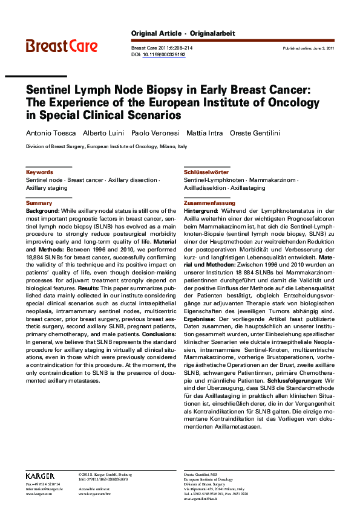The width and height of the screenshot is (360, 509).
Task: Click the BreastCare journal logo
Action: click(x=61, y=45)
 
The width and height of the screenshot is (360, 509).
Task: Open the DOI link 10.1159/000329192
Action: click(x=164, y=54)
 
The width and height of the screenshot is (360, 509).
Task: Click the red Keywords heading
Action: click(x=39, y=172)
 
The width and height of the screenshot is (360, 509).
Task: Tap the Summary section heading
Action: click(x=39, y=203)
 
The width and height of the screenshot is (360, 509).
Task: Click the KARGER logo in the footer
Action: click(x=41, y=476)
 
